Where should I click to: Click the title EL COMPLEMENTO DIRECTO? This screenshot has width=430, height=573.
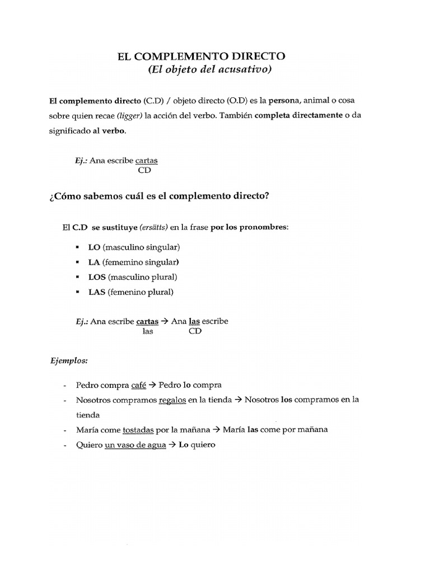coord(201,56)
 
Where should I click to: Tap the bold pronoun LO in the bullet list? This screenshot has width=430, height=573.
coord(94,247)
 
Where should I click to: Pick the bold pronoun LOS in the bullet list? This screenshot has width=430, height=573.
coord(97,277)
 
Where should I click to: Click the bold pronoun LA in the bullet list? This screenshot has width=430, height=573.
coord(94,262)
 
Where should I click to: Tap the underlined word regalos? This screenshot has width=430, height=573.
coord(172,400)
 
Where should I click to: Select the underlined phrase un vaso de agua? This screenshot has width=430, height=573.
coord(135,445)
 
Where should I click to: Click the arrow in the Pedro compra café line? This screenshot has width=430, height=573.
coord(152,385)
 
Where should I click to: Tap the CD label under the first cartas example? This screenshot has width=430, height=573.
coord(145,170)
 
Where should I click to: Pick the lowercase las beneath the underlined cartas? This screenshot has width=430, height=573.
coord(148,331)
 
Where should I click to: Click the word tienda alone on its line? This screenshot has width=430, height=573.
coord(88,415)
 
